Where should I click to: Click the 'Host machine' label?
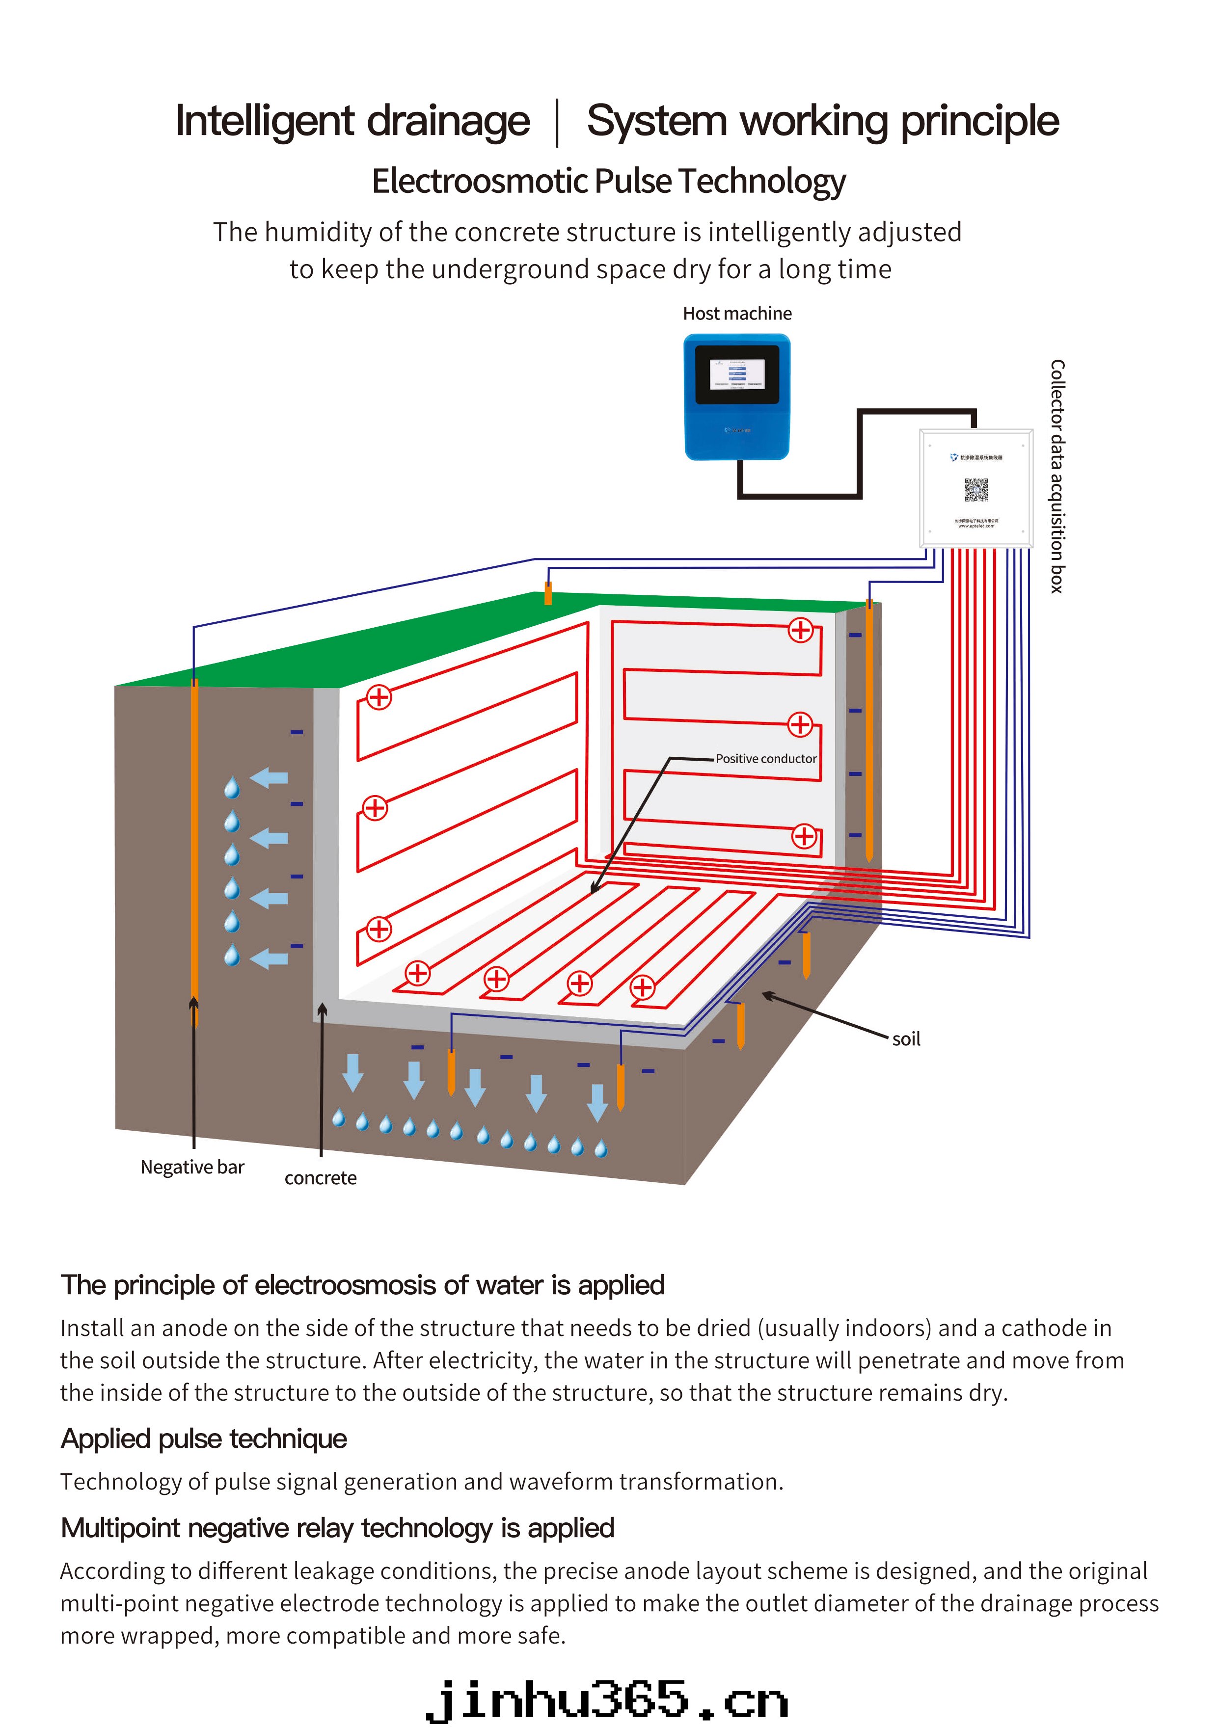click(737, 313)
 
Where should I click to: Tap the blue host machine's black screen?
click(737, 374)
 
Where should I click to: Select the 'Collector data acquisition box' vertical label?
click(1057, 476)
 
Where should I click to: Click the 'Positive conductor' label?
click(765, 758)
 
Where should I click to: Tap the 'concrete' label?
click(320, 1178)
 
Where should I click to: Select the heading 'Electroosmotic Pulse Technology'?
click(609, 182)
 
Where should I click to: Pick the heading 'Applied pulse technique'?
click(203, 1438)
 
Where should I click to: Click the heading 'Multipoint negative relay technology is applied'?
click(337, 1528)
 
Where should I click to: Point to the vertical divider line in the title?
click(557, 122)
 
